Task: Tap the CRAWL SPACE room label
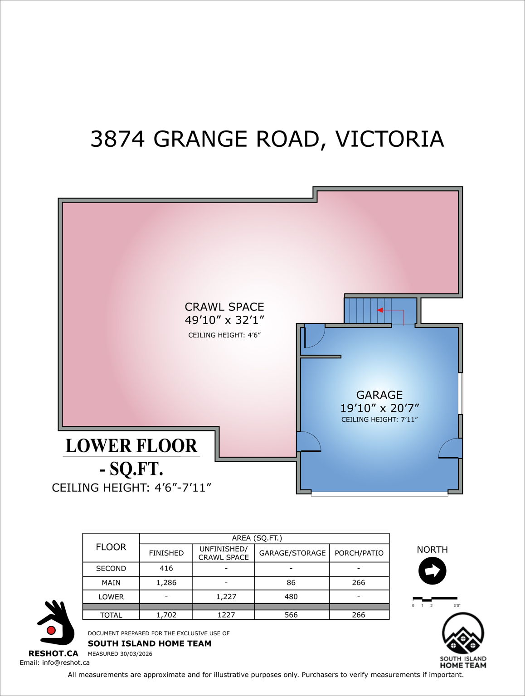pyautogui.click(x=224, y=307)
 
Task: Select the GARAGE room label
pyautogui.click(x=379, y=395)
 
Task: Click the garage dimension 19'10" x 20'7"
pyautogui.click(x=380, y=408)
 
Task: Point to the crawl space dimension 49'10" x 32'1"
pyautogui.click(x=224, y=320)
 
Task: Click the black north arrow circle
pyautogui.click(x=433, y=570)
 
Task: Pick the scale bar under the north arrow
pyautogui.click(x=435, y=599)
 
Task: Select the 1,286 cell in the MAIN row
pyautogui.click(x=166, y=583)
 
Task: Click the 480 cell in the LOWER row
pyautogui.click(x=291, y=597)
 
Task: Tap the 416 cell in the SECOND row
pyautogui.click(x=166, y=568)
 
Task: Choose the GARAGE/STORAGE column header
pyautogui.click(x=292, y=553)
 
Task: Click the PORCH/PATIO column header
pyautogui.click(x=359, y=553)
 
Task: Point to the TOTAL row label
pyautogui.click(x=111, y=615)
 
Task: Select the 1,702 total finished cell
pyautogui.click(x=166, y=615)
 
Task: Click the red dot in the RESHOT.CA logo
pyautogui.click(x=51, y=630)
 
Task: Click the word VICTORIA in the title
pyautogui.click(x=389, y=139)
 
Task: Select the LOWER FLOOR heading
pyautogui.click(x=131, y=446)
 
